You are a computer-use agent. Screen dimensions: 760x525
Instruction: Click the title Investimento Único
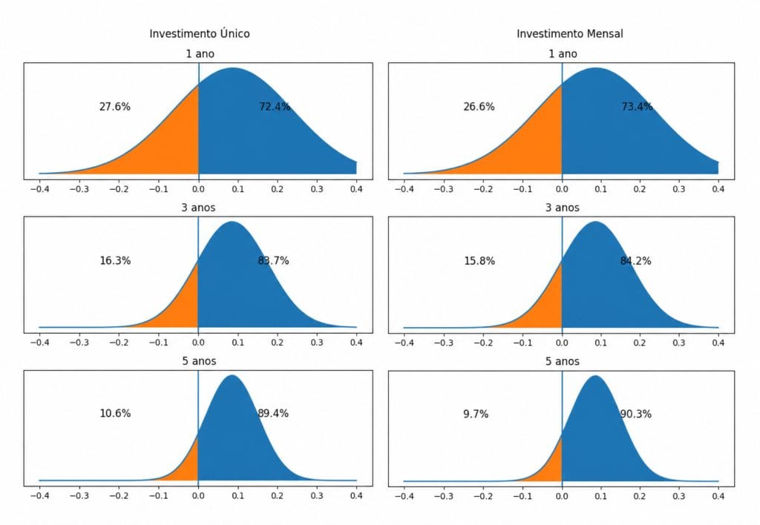199,33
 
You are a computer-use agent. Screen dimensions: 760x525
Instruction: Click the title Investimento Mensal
569,33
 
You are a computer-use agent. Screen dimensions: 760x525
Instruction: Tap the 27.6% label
115,107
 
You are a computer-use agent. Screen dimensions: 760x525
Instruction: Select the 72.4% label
275,107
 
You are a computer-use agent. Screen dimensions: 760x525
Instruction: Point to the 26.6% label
479,107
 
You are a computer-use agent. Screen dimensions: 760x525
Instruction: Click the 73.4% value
637,107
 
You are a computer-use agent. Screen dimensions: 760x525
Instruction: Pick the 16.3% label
115,260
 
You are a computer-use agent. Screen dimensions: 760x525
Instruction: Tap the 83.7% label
273,260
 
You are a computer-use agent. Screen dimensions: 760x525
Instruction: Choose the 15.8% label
479,261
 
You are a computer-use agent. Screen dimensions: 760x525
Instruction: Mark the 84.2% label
635,261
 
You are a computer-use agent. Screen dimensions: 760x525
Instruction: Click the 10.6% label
115,413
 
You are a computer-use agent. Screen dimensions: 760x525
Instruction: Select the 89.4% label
273,413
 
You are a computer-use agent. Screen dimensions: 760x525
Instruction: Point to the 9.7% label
476,414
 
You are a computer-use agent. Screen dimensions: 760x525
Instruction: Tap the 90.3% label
635,414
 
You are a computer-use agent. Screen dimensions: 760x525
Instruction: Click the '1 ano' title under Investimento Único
200,53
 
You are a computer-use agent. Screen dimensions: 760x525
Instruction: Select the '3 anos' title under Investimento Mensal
563,208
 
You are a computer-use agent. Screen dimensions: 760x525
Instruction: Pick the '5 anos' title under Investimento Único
199,361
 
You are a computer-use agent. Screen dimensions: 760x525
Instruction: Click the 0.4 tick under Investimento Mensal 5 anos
718,496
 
